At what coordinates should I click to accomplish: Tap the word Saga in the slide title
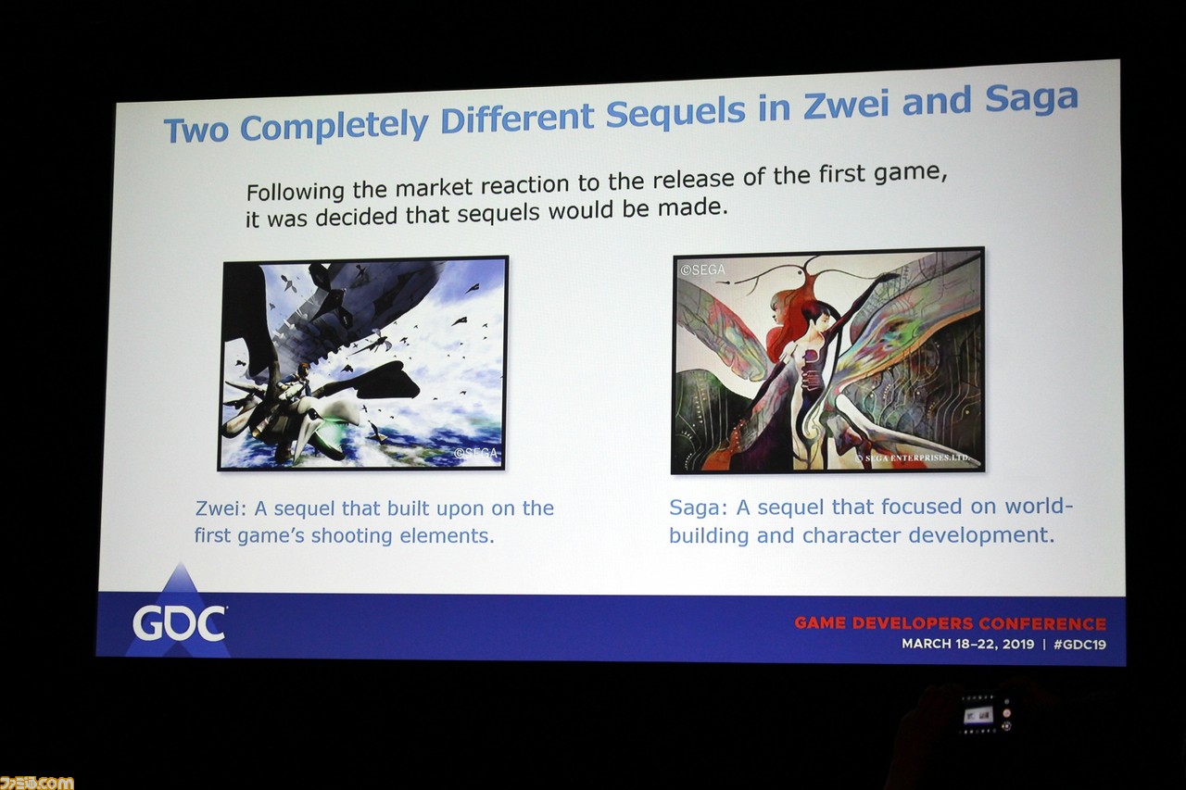(1031, 98)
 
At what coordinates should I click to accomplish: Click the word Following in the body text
(296, 192)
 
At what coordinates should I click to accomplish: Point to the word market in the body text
(434, 187)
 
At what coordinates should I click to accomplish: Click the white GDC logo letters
(180, 624)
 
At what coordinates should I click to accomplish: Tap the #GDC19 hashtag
(1079, 645)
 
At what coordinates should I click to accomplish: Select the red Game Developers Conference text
(951, 623)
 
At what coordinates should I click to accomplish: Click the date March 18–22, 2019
(968, 644)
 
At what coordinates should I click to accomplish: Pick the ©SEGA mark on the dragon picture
(475, 453)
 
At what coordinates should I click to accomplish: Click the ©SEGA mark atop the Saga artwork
(702, 270)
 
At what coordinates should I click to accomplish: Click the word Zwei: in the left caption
(221, 508)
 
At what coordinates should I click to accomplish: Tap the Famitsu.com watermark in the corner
(36, 782)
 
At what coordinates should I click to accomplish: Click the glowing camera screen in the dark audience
(978, 715)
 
